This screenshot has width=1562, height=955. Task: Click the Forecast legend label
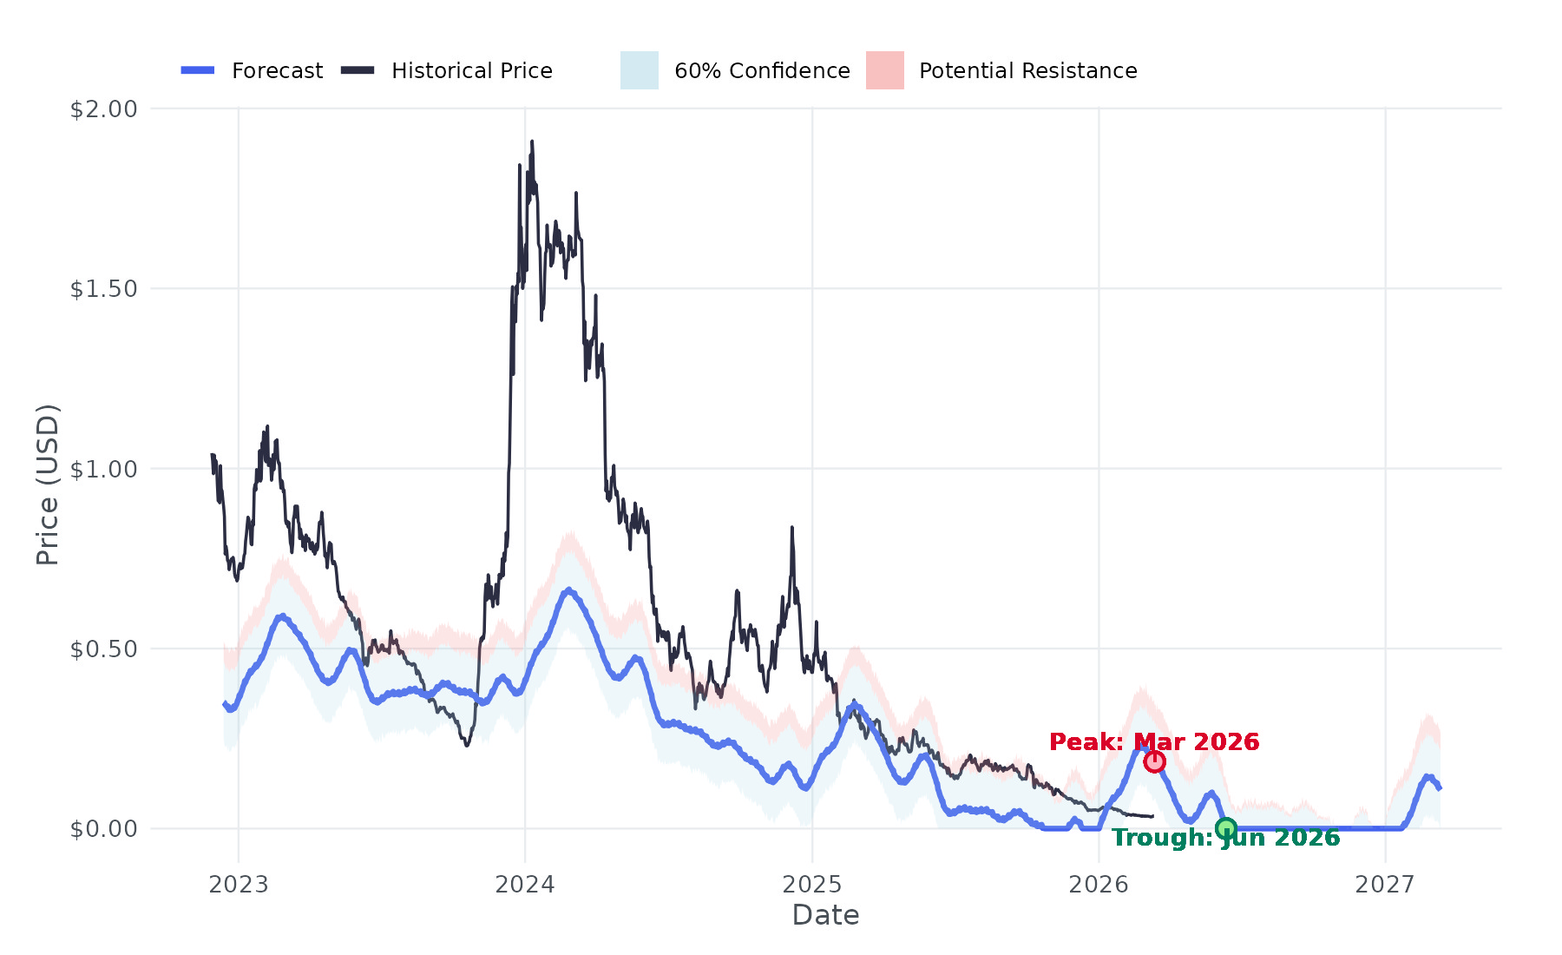tap(277, 71)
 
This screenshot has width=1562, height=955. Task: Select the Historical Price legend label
tap(471, 71)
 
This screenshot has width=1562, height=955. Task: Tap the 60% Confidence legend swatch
tap(640, 70)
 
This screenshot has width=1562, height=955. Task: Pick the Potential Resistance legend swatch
tap(884, 70)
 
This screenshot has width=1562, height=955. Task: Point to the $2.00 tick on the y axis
tap(104, 109)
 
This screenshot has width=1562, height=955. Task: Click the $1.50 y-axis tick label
tap(104, 289)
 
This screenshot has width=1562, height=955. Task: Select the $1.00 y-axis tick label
tap(104, 470)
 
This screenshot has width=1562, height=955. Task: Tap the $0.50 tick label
tap(104, 649)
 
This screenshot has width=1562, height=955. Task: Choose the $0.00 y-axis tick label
tap(104, 829)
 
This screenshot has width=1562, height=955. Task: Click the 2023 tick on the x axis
tap(239, 885)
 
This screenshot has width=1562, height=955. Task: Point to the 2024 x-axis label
tap(525, 885)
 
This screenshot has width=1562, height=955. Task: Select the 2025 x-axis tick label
tap(812, 885)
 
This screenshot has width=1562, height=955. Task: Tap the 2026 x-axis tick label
tap(1099, 885)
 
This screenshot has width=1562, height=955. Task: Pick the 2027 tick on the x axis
tap(1385, 885)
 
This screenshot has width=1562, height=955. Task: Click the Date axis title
tap(825, 915)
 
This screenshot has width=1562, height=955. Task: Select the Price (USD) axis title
tap(48, 484)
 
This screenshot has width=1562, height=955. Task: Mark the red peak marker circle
tap(1154, 761)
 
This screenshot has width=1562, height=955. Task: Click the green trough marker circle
tap(1225, 828)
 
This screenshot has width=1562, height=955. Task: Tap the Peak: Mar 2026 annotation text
tap(1154, 742)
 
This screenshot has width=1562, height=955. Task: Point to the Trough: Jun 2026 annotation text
tap(1225, 838)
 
